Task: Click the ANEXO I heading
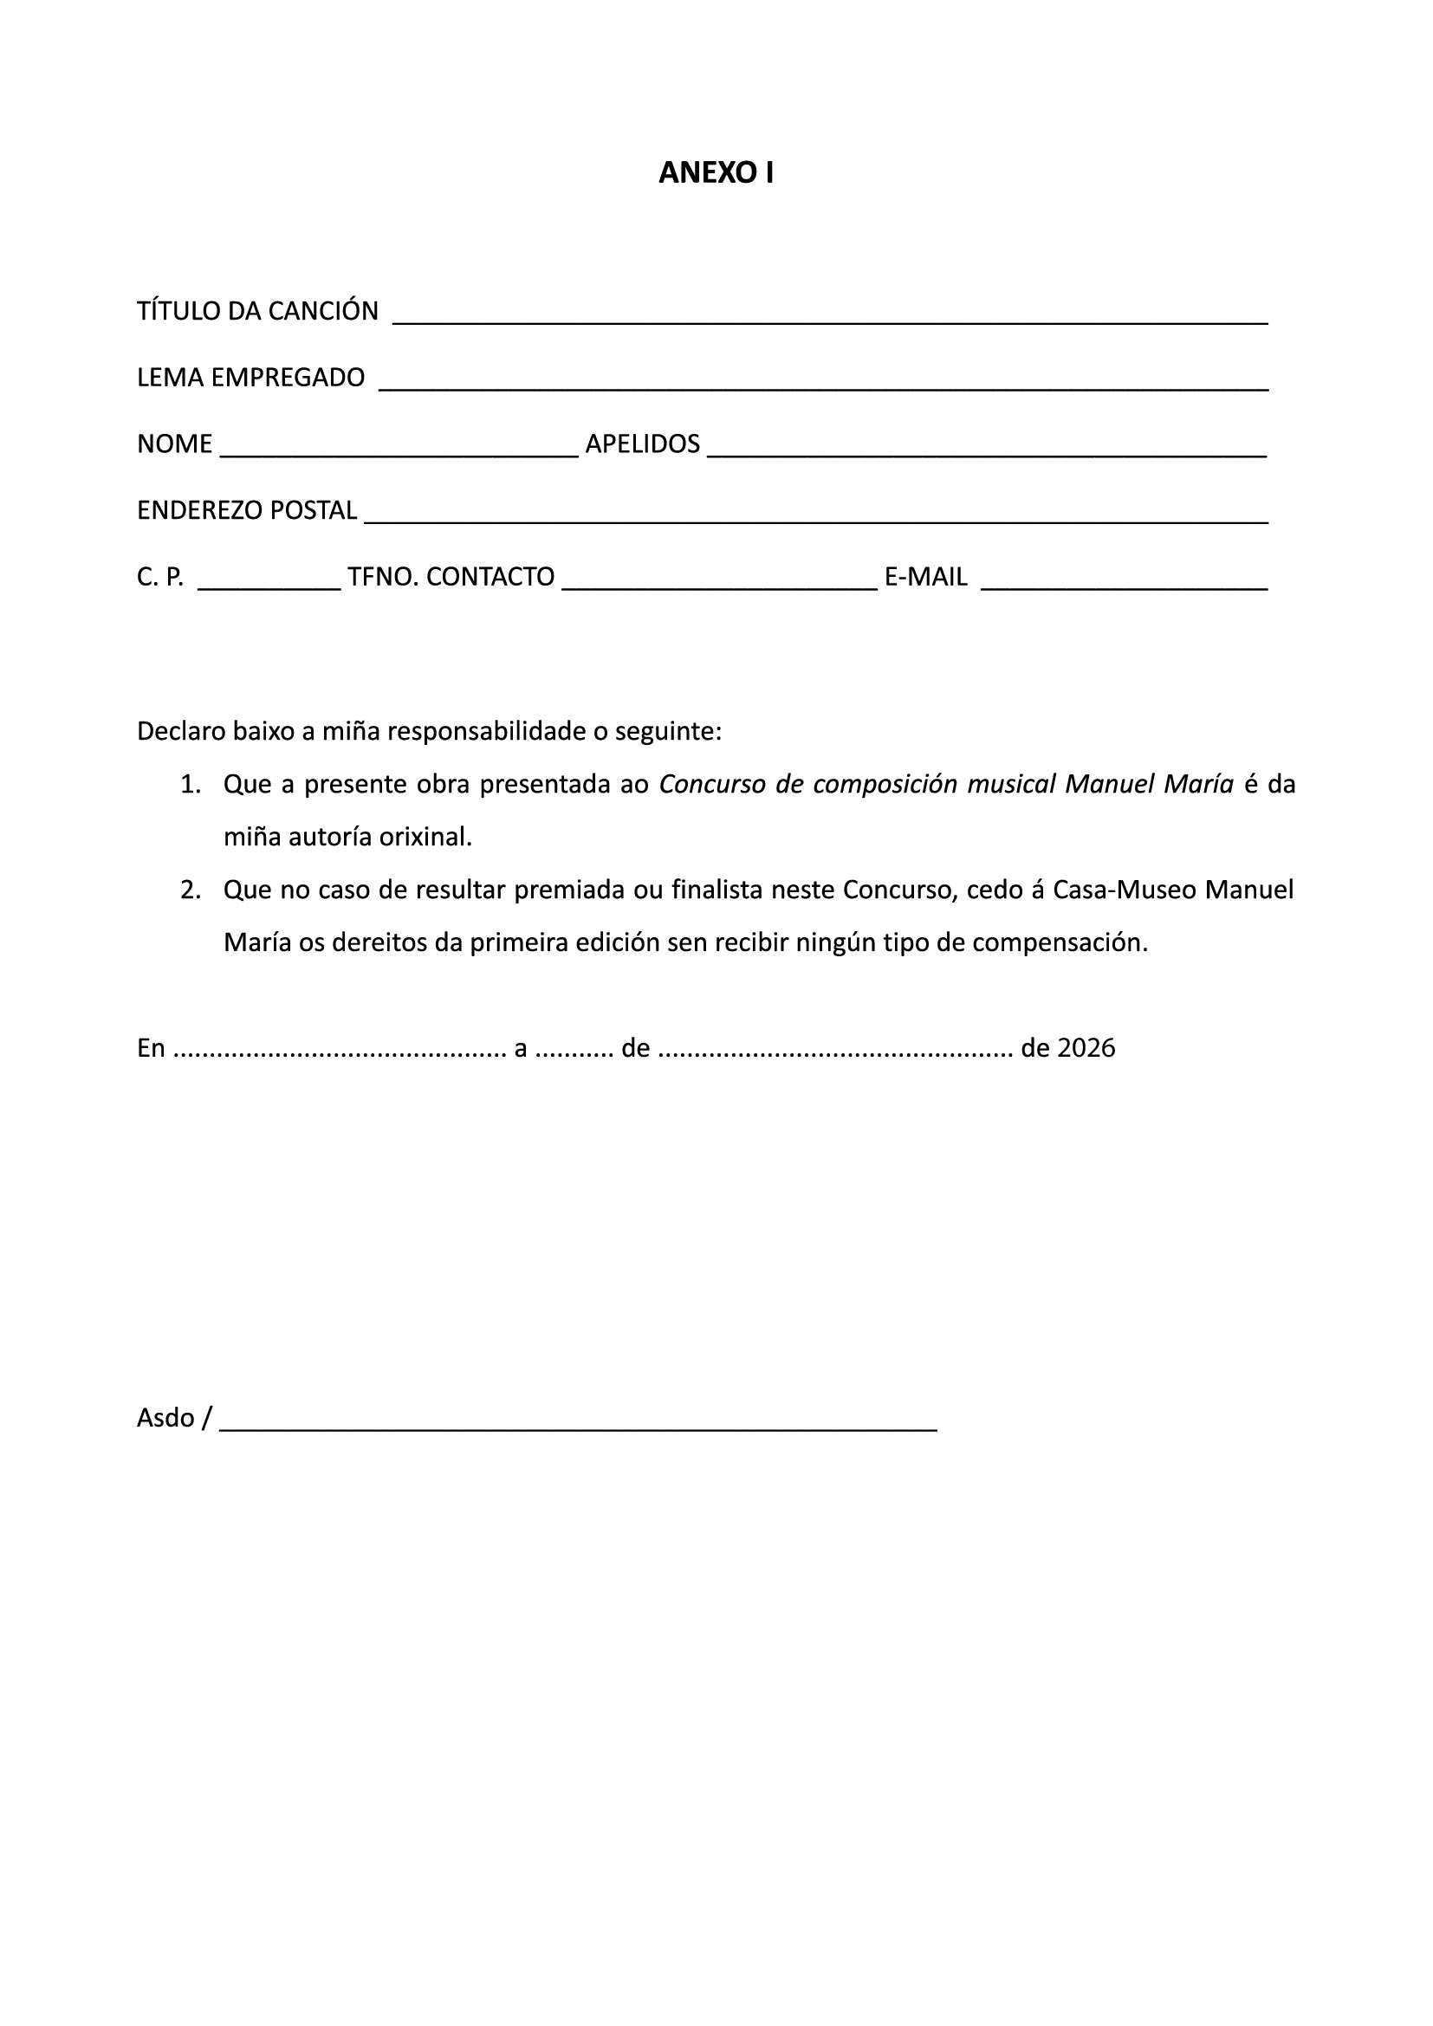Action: tap(716, 173)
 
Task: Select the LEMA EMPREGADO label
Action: tap(250, 378)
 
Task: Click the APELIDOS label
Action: tap(642, 443)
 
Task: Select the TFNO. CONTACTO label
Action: tap(451, 577)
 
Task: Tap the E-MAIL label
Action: tap(925, 577)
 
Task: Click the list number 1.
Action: tap(190, 785)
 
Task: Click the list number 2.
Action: tap(190, 890)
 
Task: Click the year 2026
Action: tap(1086, 1048)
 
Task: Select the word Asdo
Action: tap(165, 1417)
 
